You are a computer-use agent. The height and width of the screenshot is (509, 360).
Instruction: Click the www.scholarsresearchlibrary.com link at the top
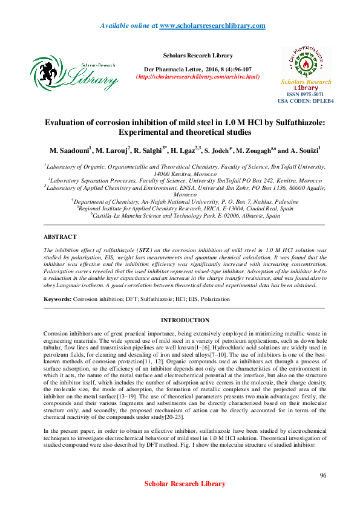pos(212,26)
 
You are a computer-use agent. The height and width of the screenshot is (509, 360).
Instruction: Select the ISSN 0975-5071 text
pos(306,94)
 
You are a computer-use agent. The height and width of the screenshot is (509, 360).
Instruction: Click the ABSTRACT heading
pos(61,237)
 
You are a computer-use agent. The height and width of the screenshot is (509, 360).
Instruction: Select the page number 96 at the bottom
pos(322,476)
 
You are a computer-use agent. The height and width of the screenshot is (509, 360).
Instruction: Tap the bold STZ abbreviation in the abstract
pos(145,248)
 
